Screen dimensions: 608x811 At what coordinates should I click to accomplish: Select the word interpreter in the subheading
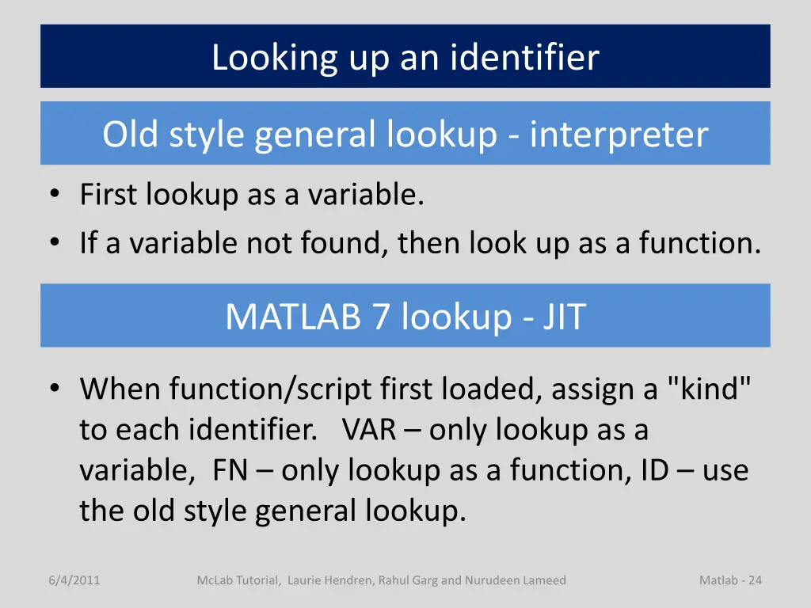(x=619, y=135)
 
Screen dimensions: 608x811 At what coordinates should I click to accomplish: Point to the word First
(x=109, y=195)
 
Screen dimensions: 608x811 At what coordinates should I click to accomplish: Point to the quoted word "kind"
(x=710, y=389)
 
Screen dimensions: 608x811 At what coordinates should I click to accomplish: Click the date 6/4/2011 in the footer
(x=74, y=580)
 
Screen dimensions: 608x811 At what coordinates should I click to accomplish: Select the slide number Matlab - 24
(x=730, y=580)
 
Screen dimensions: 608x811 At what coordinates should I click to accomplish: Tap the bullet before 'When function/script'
(x=55, y=389)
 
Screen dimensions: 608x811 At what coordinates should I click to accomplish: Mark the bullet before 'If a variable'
(x=55, y=242)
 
